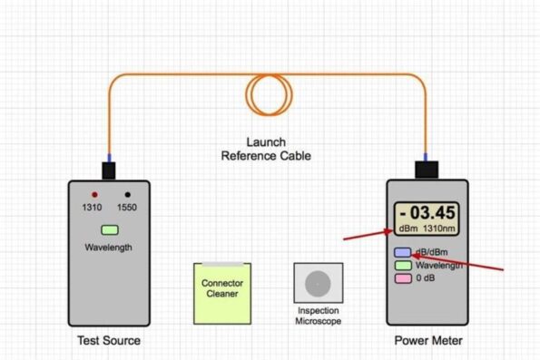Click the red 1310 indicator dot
[x=93, y=195]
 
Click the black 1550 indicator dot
[x=128, y=195]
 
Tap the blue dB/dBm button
[x=402, y=253]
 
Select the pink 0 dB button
[x=402, y=279]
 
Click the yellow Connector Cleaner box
[x=221, y=293]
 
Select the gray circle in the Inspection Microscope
[x=318, y=284]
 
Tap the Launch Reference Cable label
[x=266, y=149]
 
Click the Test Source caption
[x=108, y=341]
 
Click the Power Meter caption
[x=427, y=341]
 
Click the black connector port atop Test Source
[x=108, y=170]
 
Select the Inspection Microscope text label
[x=319, y=316]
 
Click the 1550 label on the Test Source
[x=129, y=208]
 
